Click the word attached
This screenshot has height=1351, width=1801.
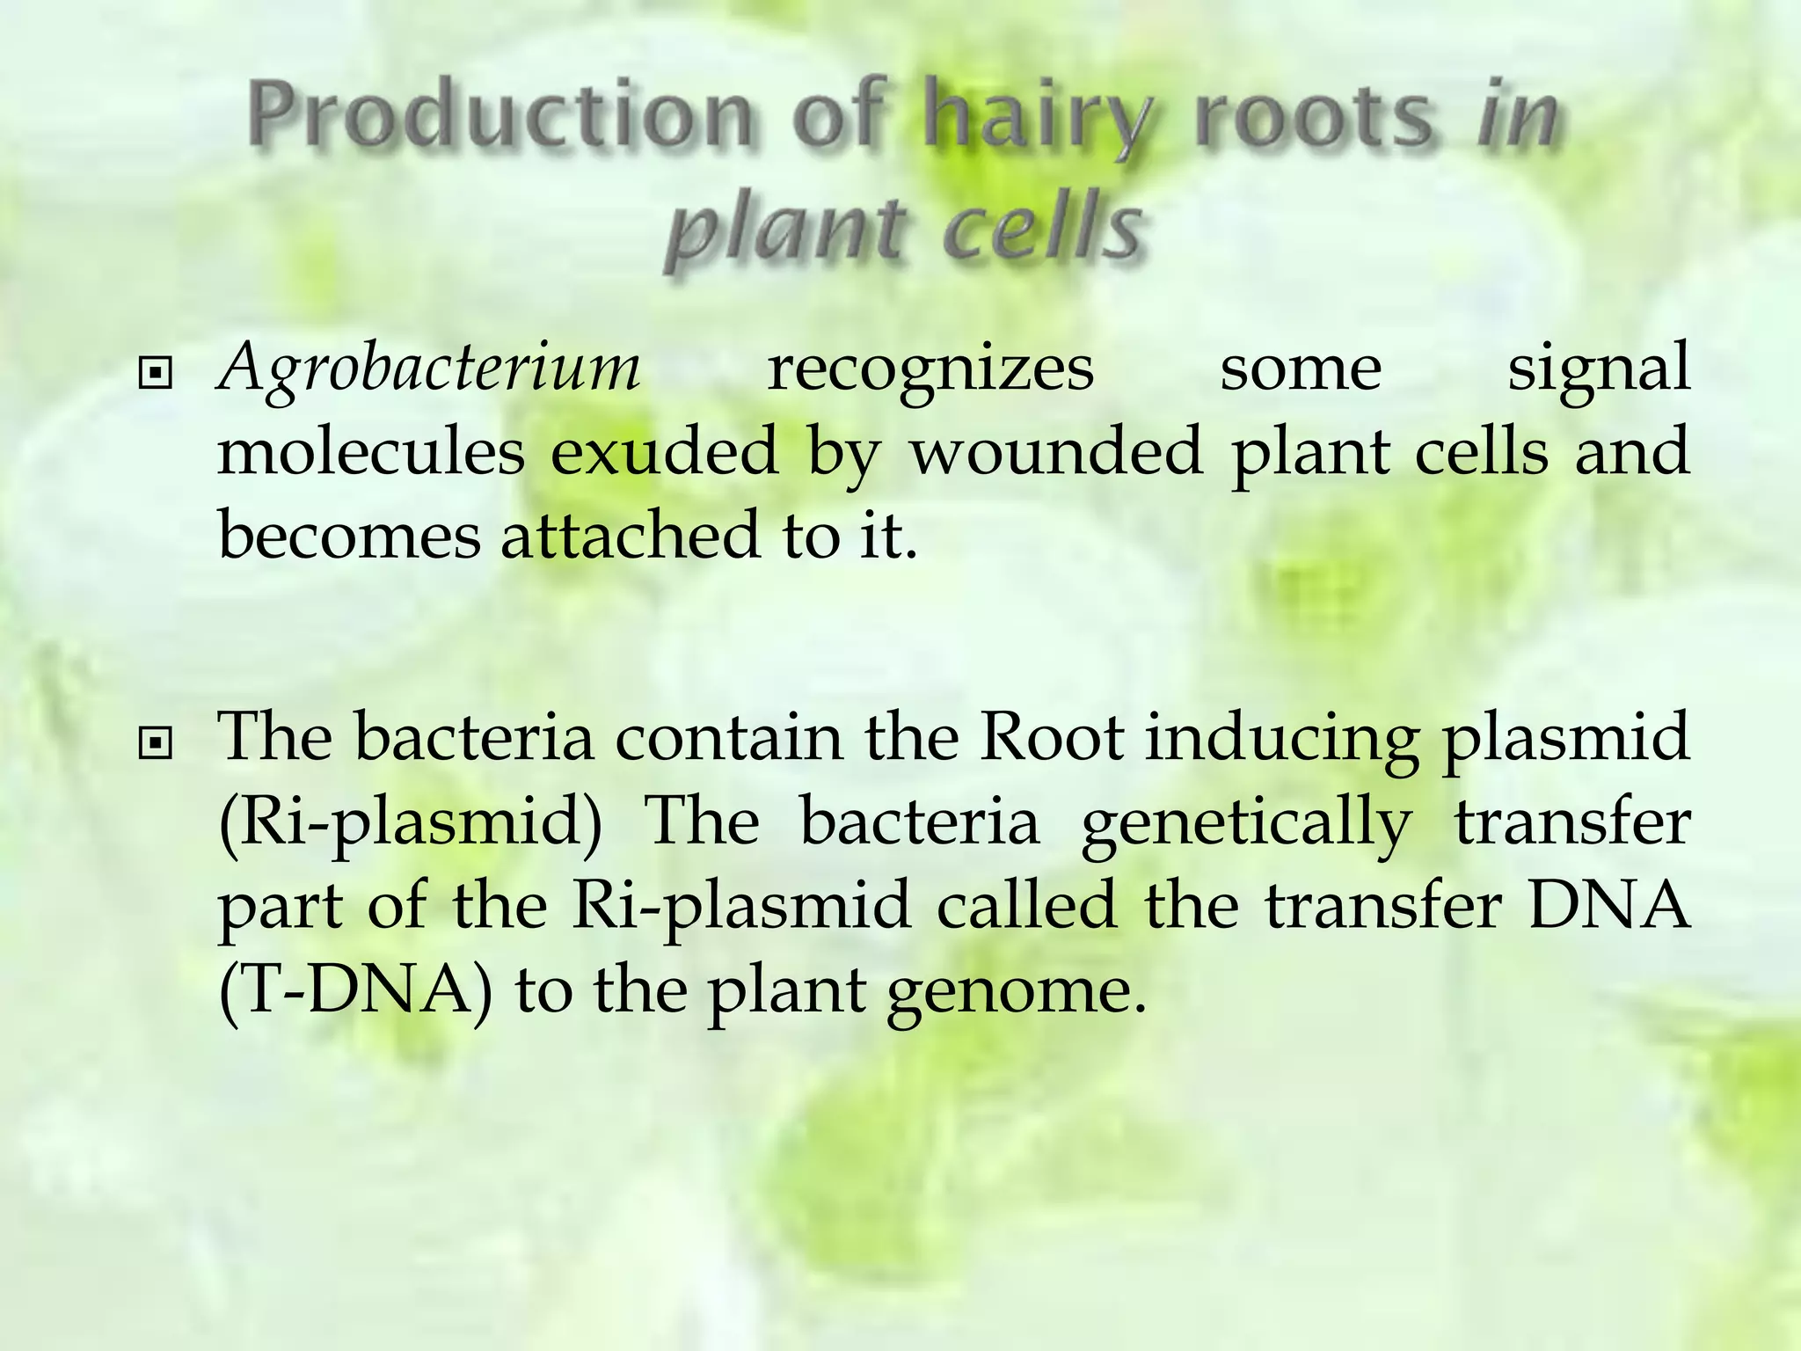630,535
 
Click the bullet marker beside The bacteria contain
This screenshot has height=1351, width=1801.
155,745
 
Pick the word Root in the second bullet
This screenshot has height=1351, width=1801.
1051,737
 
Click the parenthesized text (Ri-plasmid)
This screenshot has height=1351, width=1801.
410,825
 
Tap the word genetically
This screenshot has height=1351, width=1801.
1245,825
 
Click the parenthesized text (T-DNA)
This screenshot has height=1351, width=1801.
355,990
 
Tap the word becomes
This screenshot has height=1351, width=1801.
349,535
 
